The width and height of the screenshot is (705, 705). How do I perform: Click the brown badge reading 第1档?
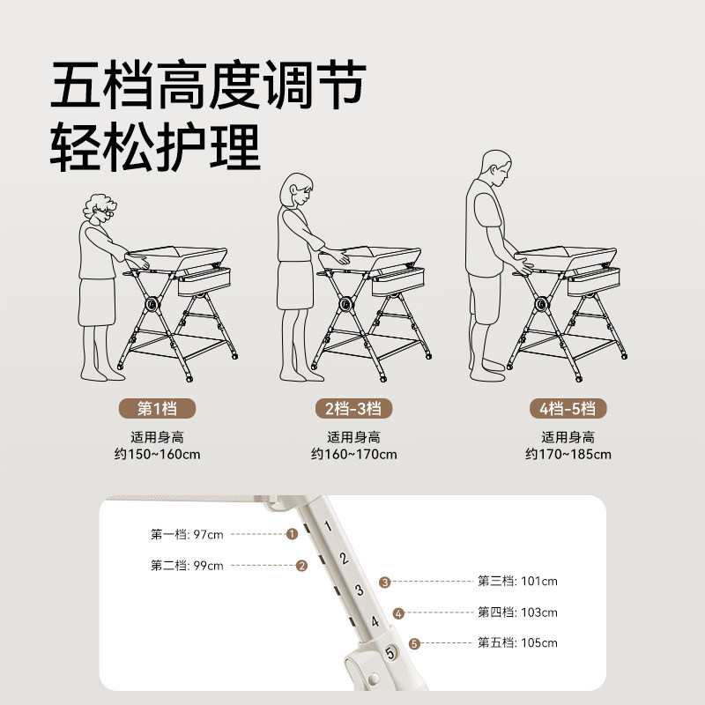(x=158, y=409)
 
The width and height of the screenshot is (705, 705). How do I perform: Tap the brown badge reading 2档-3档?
(x=353, y=409)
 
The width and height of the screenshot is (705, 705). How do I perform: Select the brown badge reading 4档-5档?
(x=568, y=409)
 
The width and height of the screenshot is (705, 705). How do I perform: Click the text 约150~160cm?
(x=158, y=454)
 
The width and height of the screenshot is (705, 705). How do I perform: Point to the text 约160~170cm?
(x=354, y=454)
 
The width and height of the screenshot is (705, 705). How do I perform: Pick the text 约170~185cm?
(x=568, y=454)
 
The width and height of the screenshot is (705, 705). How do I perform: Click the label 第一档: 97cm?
(x=187, y=535)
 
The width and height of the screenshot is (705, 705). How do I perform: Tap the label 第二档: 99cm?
(x=187, y=566)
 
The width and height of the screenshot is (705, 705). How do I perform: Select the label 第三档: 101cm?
(x=517, y=582)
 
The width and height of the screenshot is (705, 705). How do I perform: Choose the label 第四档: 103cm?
(x=517, y=612)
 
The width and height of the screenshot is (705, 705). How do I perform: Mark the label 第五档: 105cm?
(x=517, y=643)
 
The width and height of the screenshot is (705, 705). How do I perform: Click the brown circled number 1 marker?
(x=293, y=534)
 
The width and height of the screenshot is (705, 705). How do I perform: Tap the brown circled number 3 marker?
(x=384, y=583)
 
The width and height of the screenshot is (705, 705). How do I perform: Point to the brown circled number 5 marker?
(x=414, y=644)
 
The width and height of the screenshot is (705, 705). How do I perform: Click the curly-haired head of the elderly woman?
(x=100, y=209)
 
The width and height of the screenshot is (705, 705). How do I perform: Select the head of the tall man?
(x=496, y=167)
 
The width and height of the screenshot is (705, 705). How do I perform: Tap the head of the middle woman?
(x=296, y=190)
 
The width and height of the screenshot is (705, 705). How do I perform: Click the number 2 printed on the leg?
(x=344, y=558)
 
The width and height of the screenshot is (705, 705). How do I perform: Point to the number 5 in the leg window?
(x=390, y=652)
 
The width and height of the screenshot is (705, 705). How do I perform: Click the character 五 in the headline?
(x=76, y=85)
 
